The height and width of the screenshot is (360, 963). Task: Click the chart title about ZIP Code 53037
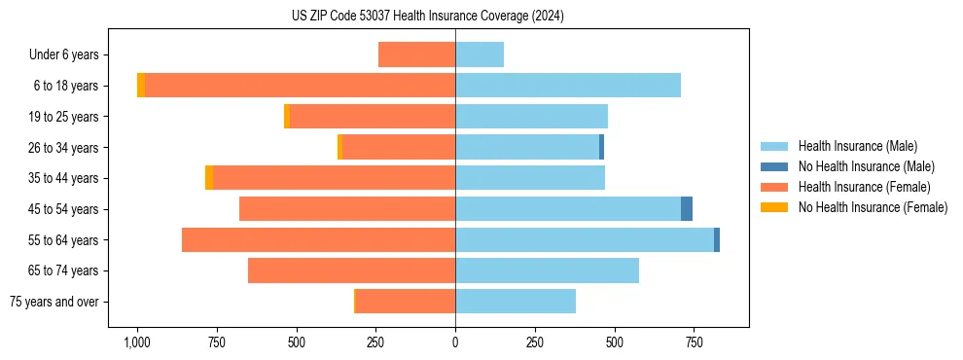coord(427,17)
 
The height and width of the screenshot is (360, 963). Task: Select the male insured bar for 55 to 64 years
coord(584,239)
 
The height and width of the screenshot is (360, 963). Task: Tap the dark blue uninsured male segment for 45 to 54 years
coord(687,208)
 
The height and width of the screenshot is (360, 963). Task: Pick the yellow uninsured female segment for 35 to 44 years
coord(209,178)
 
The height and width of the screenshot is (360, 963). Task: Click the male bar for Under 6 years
coord(480,54)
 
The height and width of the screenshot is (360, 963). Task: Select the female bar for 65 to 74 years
coord(351,270)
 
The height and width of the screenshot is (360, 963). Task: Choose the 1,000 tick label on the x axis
coord(136,342)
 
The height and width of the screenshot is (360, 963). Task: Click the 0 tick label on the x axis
coord(455,342)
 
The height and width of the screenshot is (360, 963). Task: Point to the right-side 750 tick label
coord(694,342)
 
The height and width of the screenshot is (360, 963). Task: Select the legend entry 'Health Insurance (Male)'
coord(857,146)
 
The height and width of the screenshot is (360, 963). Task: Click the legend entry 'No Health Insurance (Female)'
coord(873,207)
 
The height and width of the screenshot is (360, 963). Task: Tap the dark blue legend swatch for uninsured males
coord(774,166)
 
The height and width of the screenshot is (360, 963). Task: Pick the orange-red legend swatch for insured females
coord(774,187)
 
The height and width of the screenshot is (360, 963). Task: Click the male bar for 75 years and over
coord(516,302)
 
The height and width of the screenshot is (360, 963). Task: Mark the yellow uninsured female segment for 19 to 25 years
coord(287,116)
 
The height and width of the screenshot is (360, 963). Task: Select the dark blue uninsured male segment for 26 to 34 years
coord(601,147)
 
